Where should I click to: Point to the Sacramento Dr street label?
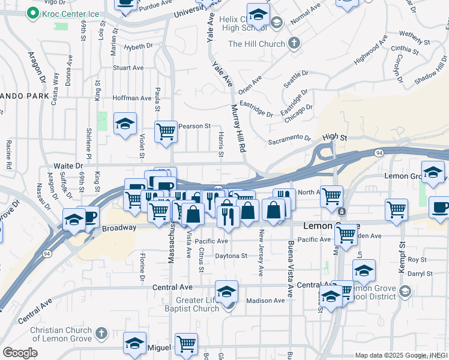(289, 139)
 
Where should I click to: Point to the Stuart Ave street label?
(128, 68)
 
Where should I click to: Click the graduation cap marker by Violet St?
(125, 124)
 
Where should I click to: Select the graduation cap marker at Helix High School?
(258, 14)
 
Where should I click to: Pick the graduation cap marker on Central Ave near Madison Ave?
(226, 292)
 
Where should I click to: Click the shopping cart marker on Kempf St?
(397, 209)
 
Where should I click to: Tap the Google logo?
(20, 353)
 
